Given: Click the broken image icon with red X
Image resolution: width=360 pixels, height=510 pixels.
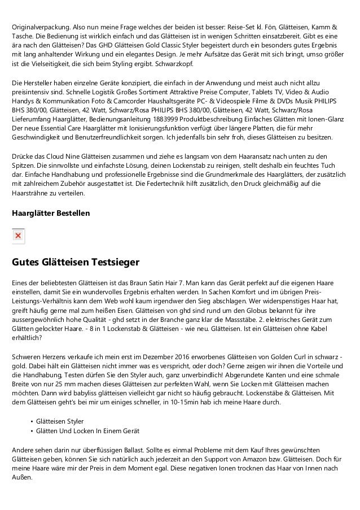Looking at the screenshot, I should coord(18,236).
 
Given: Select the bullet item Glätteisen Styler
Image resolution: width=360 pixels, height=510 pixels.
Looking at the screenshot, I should coord(59,421).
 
